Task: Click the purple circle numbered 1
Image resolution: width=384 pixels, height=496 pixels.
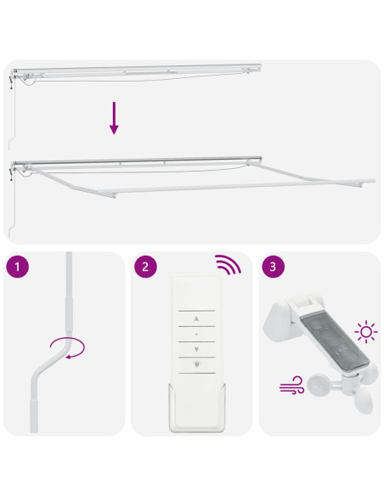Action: point(17,267)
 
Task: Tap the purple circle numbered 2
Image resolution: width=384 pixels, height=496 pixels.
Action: point(145,267)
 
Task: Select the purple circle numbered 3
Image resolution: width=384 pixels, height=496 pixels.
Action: point(274,267)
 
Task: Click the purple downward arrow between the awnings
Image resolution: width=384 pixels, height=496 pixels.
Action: point(114,118)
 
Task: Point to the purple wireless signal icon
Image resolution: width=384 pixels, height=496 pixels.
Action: point(228,264)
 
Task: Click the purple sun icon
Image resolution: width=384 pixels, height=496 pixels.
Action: point(366,332)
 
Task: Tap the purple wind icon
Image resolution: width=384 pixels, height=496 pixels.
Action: point(291,385)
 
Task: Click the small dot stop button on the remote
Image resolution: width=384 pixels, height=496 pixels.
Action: point(196,334)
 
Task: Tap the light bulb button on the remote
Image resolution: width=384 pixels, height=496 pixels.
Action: point(197,364)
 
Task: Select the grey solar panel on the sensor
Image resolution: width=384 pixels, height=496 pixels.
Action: point(336,342)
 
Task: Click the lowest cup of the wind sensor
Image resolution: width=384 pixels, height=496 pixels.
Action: point(363,402)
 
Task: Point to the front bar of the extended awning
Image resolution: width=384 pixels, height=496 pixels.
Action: point(235,187)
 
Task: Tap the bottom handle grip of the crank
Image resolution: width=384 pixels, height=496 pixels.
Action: point(34,415)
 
